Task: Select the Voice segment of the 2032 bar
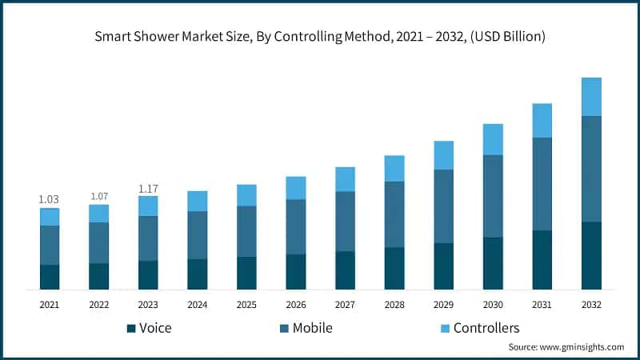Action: coord(591,255)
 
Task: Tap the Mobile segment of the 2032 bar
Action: coord(591,169)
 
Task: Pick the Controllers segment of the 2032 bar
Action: coord(591,97)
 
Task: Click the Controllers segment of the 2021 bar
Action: coord(50,217)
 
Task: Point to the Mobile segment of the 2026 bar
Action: coord(296,226)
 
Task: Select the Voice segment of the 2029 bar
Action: coord(444,266)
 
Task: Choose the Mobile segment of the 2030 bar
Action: coord(493,196)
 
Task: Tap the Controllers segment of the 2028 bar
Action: coord(394,168)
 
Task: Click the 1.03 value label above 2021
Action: coord(50,199)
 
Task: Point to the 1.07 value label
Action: coord(99,196)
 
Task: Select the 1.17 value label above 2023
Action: coord(148,189)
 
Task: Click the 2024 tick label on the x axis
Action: coord(198,305)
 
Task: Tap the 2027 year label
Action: coord(345,305)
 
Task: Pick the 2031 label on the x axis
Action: coord(542,305)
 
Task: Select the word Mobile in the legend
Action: coord(312,328)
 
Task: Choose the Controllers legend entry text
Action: coord(486,328)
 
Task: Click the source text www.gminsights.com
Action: coord(585,347)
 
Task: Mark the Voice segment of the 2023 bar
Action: coord(148,274)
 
